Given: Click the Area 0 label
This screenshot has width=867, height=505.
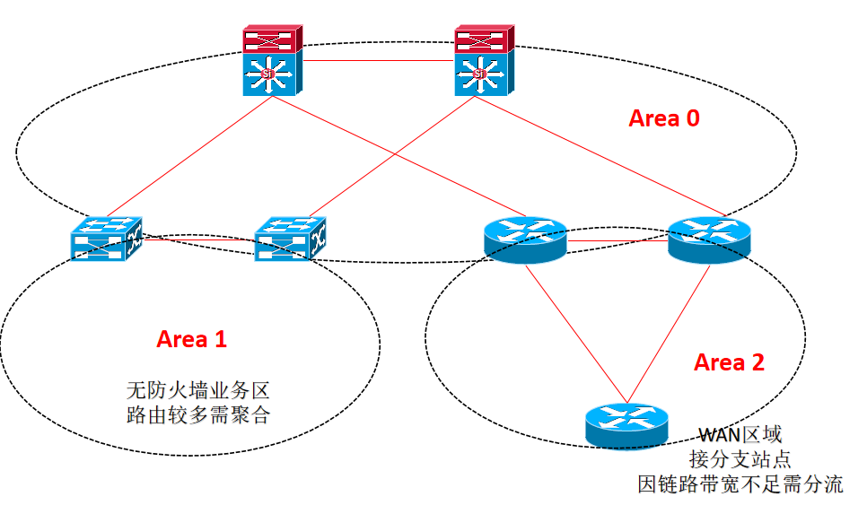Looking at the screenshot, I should coord(663,118).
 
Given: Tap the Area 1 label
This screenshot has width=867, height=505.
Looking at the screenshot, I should coord(192,339).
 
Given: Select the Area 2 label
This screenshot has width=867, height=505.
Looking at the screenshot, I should coord(730,362).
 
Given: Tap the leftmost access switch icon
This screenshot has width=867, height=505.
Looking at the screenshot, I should coord(107,239).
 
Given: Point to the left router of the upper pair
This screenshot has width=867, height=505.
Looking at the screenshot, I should coord(526,239).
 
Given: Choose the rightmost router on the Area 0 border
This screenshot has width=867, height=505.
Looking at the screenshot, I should coord(709,239).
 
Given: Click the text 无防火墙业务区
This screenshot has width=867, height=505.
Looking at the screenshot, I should coord(197,391).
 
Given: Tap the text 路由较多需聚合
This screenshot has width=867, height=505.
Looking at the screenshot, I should coord(197,415).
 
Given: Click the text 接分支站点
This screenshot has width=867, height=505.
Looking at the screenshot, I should coord(740,459).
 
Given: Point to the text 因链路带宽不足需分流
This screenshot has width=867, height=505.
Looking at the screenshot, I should coord(740,484).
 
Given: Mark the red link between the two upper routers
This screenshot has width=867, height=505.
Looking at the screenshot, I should coord(617,241).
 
